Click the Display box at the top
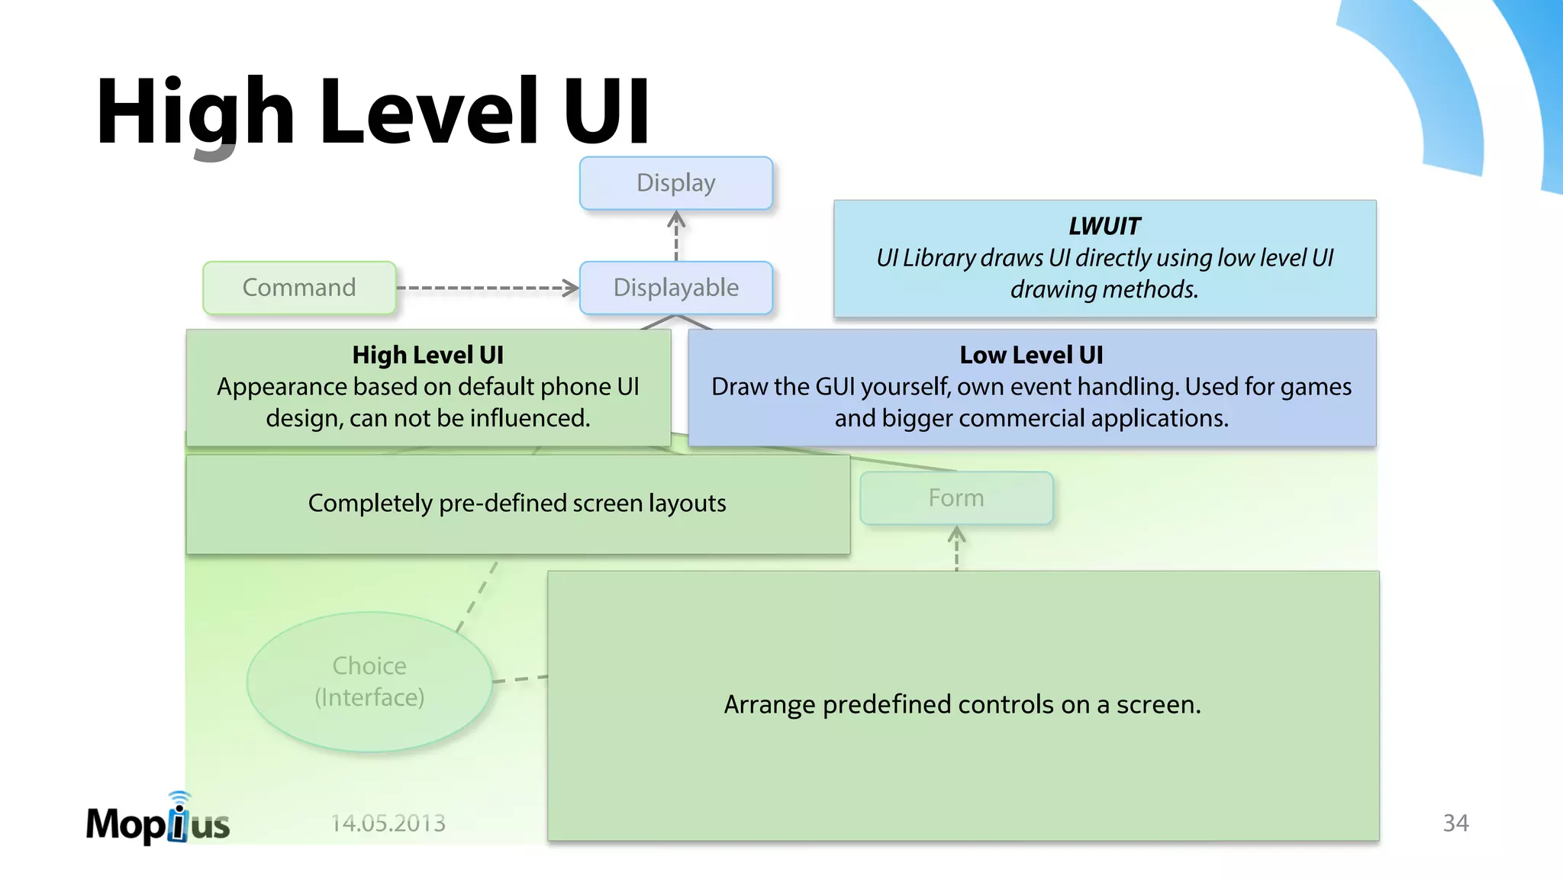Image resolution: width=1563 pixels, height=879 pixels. click(675, 183)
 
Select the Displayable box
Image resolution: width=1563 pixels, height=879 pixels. click(675, 288)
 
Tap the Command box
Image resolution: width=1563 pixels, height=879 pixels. click(299, 288)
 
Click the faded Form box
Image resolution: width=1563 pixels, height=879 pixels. click(956, 498)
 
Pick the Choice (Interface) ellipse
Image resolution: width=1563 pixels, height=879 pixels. click(369, 681)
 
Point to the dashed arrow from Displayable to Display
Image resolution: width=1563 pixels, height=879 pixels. click(676, 236)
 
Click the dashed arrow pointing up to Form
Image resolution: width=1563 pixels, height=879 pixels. click(956, 549)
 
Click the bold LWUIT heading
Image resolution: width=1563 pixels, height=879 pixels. click(1104, 227)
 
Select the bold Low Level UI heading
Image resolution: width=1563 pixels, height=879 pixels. click(1031, 356)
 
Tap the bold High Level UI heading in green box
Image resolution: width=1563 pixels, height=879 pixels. click(427, 356)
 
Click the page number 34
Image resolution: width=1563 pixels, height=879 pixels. click(1455, 823)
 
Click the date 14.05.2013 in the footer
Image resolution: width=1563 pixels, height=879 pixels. click(388, 823)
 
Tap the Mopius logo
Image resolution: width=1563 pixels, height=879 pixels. click(158, 821)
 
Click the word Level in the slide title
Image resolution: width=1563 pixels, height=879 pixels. click(428, 112)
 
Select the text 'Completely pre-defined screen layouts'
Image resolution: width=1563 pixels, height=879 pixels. click(517, 504)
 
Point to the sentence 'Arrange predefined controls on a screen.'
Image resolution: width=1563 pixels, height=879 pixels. click(962, 704)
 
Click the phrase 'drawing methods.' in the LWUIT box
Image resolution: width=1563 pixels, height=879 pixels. click(1104, 290)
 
